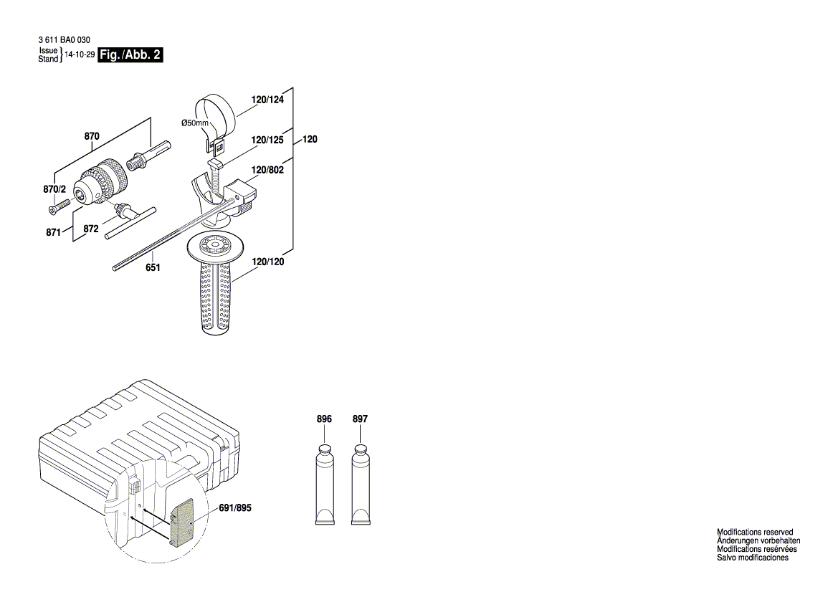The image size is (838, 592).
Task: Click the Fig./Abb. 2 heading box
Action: (x=130, y=55)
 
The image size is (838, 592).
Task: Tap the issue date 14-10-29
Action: (x=80, y=54)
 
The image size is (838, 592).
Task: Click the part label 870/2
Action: (x=54, y=189)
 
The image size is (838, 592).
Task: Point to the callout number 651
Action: (x=153, y=267)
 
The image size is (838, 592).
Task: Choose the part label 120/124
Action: (x=267, y=100)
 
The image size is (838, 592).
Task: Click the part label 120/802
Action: (x=267, y=171)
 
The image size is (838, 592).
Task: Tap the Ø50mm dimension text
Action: (x=194, y=123)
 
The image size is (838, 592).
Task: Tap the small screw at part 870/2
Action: (x=56, y=207)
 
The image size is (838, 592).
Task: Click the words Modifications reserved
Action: (x=755, y=533)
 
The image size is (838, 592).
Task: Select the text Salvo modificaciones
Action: (x=753, y=558)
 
